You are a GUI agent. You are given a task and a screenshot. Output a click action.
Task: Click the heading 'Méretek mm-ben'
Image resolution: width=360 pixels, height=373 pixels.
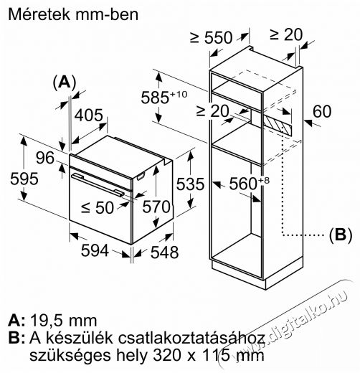[x=73, y=14]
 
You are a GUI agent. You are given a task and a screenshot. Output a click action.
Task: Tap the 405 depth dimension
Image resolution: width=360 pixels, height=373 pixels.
[x=88, y=115]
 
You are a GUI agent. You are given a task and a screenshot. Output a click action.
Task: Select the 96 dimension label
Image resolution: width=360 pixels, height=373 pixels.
[x=45, y=158]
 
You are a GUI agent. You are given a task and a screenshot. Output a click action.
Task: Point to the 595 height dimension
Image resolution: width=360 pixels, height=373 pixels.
[x=24, y=179]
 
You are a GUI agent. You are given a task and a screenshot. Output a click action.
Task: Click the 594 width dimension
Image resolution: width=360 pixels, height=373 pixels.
[x=95, y=250]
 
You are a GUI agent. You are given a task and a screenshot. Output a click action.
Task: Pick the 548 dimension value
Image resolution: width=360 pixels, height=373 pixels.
[x=164, y=252]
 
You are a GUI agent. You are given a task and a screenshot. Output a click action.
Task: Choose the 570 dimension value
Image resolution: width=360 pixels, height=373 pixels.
[x=156, y=207]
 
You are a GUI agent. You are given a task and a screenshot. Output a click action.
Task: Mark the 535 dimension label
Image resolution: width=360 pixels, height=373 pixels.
[x=190, y=184]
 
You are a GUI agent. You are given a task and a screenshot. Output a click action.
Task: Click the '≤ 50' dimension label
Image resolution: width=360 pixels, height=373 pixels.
[x=98, y=207]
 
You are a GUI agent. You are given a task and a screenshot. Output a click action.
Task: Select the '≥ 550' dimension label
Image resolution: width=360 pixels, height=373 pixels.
[x=211, y=37]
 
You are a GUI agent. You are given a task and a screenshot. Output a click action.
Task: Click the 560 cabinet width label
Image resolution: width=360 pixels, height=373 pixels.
[x=249, y=183]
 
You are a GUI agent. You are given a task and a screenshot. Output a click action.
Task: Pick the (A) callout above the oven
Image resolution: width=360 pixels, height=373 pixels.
[x=65, y=82]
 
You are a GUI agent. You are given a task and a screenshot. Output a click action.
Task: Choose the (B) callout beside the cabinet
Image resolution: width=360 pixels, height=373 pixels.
[x=341, y=235]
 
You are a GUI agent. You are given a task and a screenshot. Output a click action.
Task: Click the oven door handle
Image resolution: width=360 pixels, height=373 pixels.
[x=98, y=185]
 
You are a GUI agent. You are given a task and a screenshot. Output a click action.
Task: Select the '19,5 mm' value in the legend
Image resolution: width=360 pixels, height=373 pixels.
[x=63, y=321]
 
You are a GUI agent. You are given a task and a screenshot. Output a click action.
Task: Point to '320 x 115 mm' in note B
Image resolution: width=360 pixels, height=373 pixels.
[x=209, y=356]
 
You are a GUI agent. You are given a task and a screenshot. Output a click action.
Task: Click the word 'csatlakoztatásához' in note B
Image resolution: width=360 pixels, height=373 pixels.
[x=191, y=338]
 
